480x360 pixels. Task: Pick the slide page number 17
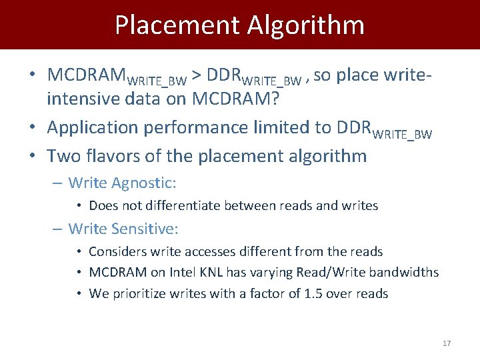447,343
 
